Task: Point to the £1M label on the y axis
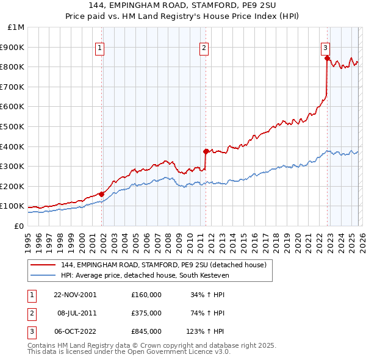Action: pyautogui.click(x=16, y=27)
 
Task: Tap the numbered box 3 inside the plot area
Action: pyautogui.click(x=325, y=47)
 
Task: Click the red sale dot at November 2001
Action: pyautogui.click(x=102, y=194)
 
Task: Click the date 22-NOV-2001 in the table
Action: pyautogui.click(x=74, y=294)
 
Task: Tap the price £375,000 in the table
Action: pyautogui.click(x=146, y=313)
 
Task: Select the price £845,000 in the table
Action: pyautogui.click(x=146, y=331)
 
